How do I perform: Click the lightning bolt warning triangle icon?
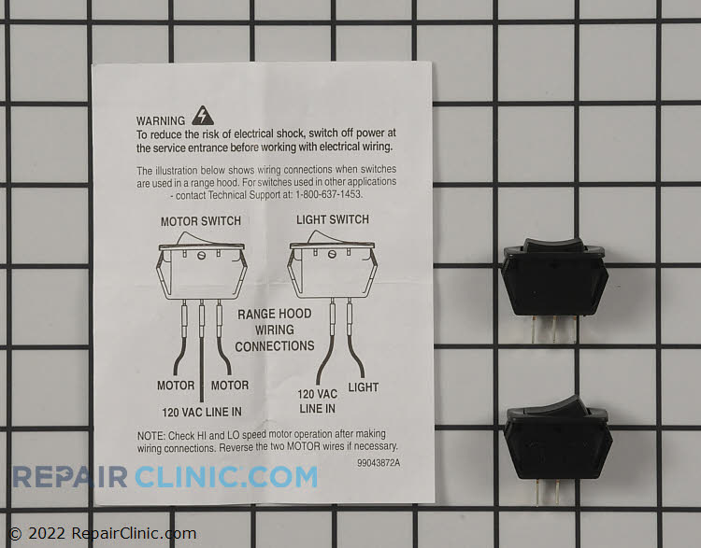201,116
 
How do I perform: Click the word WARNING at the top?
162,121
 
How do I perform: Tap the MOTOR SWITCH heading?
201,221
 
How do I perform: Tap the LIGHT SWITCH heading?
332,219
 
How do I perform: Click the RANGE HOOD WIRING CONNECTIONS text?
275,330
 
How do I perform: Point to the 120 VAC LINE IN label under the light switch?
318,401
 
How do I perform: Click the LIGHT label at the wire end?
364,386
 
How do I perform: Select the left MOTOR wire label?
176,386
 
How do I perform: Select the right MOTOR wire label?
229,386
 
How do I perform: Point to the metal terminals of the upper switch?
556,330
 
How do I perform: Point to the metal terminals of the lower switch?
558,492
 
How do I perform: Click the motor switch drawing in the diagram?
202,266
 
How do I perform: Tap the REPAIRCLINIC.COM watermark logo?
165,476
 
